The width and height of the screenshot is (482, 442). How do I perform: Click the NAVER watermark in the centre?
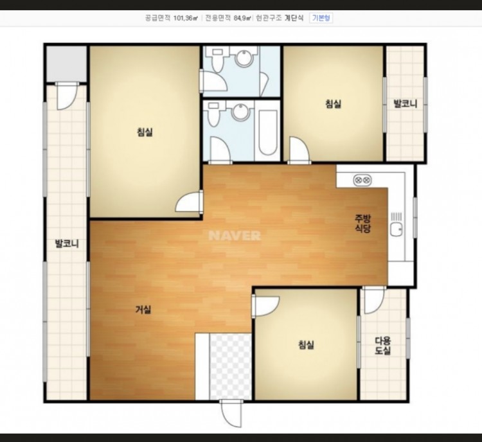click(x=235, y=236)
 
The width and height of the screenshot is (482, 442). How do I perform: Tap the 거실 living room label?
click(x=143, y=310)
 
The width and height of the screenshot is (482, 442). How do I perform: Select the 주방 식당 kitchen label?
click(x=362, y=224)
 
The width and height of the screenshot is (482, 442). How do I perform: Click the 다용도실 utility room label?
click(x=383, y=346)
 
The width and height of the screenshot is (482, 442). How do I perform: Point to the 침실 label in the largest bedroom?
click(x=145, y=132)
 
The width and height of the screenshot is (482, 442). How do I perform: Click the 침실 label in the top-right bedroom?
click(x=333, y=104)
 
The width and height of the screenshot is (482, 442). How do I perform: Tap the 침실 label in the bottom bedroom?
click(x=306, y=345)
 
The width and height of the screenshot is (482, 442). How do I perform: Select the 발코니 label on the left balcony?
click(x=67, y=243)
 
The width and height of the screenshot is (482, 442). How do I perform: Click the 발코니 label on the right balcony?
click(x=406, y=104)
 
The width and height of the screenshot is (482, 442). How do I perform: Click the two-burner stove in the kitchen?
click(x=362, y=180)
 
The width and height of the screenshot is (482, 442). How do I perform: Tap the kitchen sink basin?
click(x=397, y=229)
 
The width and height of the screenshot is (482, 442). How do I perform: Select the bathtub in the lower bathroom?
click(x=267, y=131)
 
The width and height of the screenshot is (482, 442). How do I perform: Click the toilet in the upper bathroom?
click(x=217, y=58)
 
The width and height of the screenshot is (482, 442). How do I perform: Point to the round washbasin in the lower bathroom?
click(x=240, y=112)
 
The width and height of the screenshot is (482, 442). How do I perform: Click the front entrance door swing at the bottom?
click(x=231, y=414)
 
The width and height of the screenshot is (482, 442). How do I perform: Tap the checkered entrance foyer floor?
click(x=230, y=367)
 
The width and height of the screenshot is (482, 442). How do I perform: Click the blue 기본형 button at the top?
click(x=321, y=17)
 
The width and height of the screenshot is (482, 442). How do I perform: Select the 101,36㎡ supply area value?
click(x=185, y=18)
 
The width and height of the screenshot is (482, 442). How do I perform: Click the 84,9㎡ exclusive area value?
click(x=242, y=18)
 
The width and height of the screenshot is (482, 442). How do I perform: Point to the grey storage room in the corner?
click(x=66, y=64)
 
